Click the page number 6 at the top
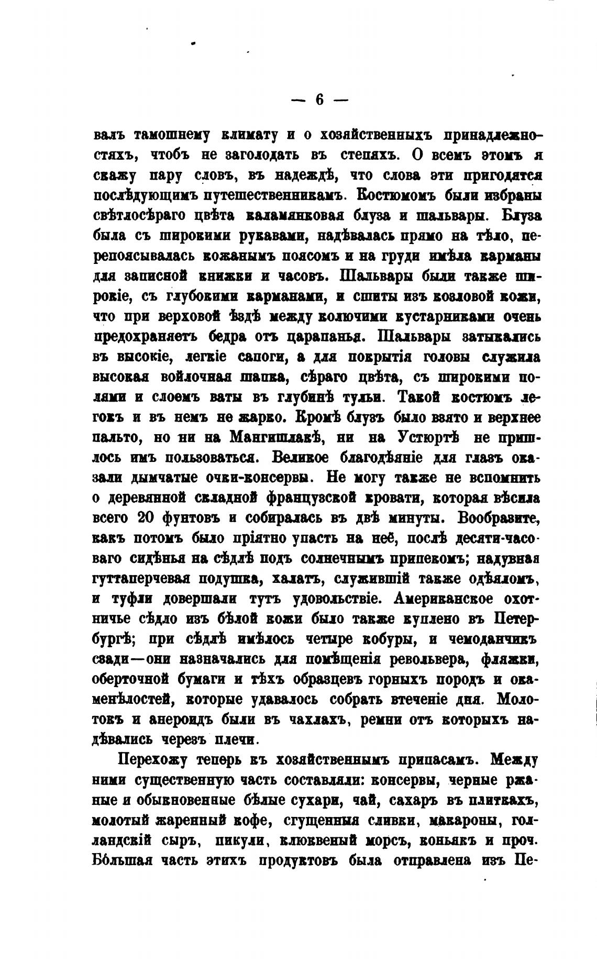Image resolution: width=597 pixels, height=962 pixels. (x=319, y=99)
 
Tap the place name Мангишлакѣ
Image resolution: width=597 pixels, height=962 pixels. (x=269, y=437)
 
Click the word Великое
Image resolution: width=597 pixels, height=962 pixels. (x=300, y=457)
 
